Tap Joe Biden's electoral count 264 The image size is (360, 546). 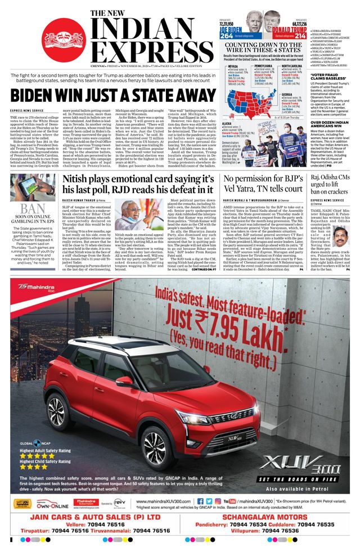click(227, 35)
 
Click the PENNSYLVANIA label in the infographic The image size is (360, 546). click(265, 66)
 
